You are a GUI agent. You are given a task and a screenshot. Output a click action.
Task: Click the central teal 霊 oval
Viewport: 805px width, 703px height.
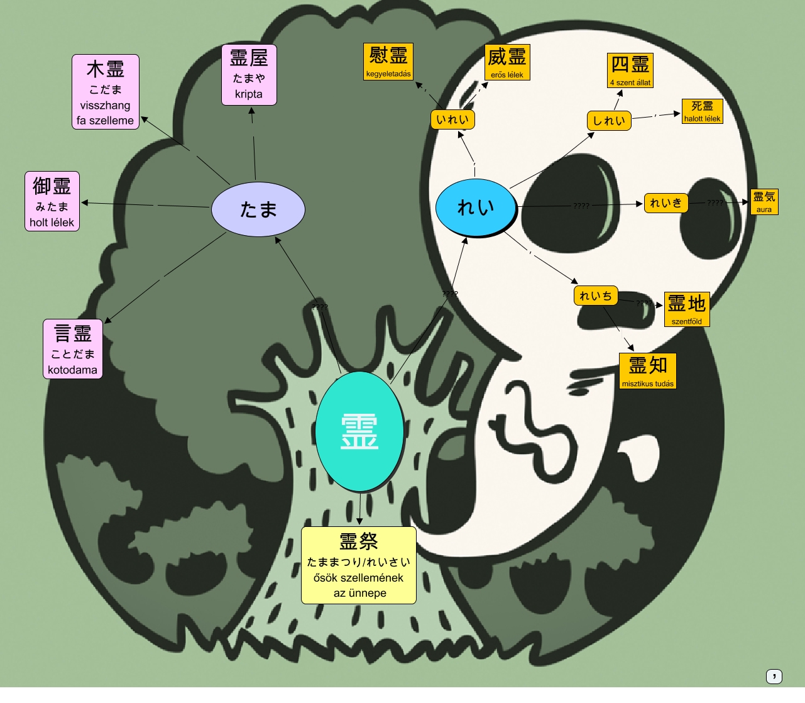coord(359,431)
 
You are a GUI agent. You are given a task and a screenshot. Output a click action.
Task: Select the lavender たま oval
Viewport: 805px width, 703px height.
coord(258,209)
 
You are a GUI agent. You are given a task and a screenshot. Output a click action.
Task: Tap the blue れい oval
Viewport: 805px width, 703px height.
coord(476,206)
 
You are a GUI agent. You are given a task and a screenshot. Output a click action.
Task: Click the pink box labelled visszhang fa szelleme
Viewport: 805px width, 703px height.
coord(106,92)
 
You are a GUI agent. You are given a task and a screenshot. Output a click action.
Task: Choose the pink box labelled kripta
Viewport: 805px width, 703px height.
coord(249,75)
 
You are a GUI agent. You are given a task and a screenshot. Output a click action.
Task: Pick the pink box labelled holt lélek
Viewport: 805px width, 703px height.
coord(52,201)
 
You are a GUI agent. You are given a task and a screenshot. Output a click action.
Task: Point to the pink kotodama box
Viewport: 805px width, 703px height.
coord(73,349)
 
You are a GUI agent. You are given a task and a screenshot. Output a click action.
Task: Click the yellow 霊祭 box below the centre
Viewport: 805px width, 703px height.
coord(359,565)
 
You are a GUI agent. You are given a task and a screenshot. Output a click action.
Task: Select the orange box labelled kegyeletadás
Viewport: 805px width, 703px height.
coord(388,62)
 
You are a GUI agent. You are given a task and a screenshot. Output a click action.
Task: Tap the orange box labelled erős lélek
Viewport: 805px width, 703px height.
coord(507,62)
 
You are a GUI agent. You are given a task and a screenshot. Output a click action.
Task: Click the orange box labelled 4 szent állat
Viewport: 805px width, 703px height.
coord(630,70)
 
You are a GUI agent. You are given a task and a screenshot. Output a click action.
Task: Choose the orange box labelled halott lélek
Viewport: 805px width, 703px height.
coord(703,111)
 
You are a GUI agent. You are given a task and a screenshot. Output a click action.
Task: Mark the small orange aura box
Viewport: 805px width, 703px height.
coord(764,202)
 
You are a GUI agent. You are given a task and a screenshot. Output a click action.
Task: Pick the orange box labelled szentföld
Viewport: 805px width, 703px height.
coord(687,309)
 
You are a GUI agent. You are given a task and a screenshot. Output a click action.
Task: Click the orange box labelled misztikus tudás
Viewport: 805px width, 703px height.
coord(648,371)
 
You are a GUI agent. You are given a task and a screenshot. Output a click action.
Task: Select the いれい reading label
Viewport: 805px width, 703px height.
coord(452,119)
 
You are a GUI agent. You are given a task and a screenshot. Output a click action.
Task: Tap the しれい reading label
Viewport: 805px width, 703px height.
coord(609,121)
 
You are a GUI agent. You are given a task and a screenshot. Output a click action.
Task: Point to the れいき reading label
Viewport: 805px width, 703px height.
coord(666,203)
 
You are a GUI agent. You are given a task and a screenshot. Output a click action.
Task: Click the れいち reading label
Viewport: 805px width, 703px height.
coord(596,296)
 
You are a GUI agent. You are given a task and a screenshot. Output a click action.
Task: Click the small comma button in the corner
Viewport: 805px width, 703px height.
coord(774,676)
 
